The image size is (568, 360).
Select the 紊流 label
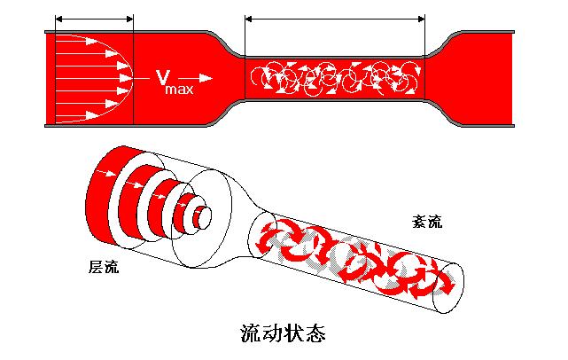point(427,222)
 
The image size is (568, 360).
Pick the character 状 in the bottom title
point(295,334)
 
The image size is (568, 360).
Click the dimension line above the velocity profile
point(94,18)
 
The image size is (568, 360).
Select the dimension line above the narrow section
point(335,18)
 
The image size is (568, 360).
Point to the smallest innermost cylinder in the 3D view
point(205,215)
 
